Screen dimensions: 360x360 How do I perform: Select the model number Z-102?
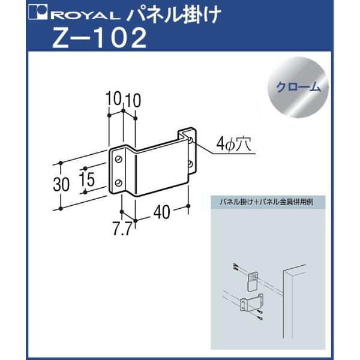point(99,38)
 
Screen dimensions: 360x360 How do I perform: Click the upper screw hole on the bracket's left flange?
point(119,160)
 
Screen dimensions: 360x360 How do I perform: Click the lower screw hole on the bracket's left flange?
point(119,182)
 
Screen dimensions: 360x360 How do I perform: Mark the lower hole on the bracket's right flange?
point(190,163)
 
